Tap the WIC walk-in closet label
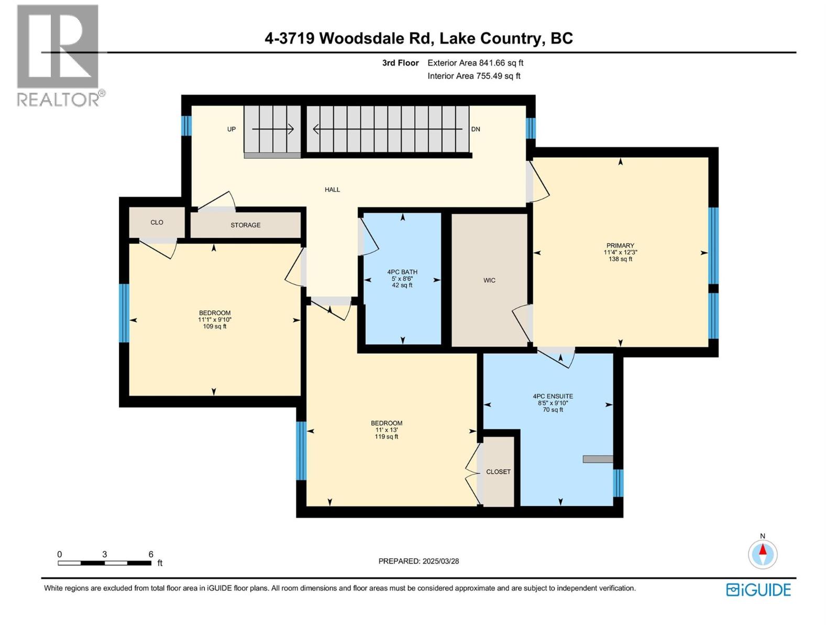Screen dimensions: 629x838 pos(489,280)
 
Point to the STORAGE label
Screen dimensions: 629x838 pos(245,225)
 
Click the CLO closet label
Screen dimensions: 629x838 pos(157,222)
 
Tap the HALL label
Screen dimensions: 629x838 pos(332,190)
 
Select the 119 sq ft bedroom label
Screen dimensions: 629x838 pos(387,430)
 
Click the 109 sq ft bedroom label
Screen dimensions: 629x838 pos(214,319)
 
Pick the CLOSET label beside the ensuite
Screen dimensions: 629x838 pos(498,472)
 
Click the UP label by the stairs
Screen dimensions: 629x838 pos(231,129)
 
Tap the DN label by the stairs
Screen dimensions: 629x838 pos(476,129)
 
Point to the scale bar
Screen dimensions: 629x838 pos(105,563)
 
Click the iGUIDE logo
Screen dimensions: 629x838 pos(758,590)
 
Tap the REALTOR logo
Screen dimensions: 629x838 pos(59,55)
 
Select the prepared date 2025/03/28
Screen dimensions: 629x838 pos(418,561)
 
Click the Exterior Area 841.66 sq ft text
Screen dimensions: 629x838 pos(475,63)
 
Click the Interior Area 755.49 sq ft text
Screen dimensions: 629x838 pos(473,76)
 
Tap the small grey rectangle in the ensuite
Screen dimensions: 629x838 pos(598,459)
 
